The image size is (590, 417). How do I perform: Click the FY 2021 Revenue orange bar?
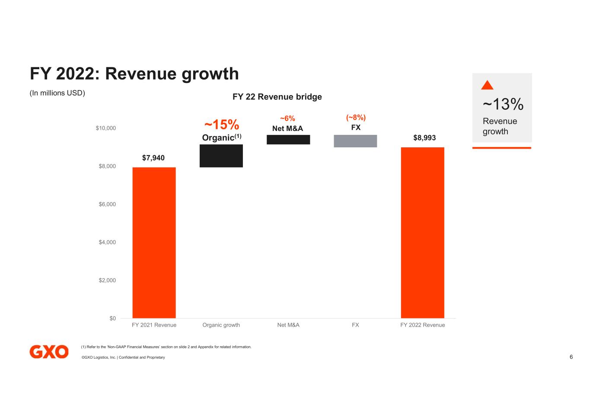tap(154, 242)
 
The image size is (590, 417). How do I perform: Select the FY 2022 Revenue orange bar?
tap(422, 232)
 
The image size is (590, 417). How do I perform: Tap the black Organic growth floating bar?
tap(221, 156)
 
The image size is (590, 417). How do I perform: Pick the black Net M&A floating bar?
tap(288, 140)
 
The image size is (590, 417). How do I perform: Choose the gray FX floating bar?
tap(355, 141)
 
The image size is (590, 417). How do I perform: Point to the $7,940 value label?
tap(153, 158)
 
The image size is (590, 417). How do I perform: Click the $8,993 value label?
tap(424, 138)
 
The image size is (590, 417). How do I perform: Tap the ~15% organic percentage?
tap(221, 125)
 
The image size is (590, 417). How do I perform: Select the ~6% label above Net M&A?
tap(287, 118)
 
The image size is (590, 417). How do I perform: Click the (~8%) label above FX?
tap(356, 118)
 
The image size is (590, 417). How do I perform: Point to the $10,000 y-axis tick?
tap(105, 128)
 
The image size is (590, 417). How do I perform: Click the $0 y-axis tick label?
tap(112, 318)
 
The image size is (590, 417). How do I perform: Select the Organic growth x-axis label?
tap(221, 325)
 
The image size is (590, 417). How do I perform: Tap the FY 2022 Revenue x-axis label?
tap(422, 325)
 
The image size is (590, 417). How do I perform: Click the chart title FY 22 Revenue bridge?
tap(277, 97)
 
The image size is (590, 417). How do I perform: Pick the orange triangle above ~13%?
tap(487, 85)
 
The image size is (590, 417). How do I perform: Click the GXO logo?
tap(49, 352)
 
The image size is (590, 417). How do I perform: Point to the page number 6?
tap(571, 357)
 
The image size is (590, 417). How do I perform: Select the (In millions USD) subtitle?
tap(57, 93)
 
